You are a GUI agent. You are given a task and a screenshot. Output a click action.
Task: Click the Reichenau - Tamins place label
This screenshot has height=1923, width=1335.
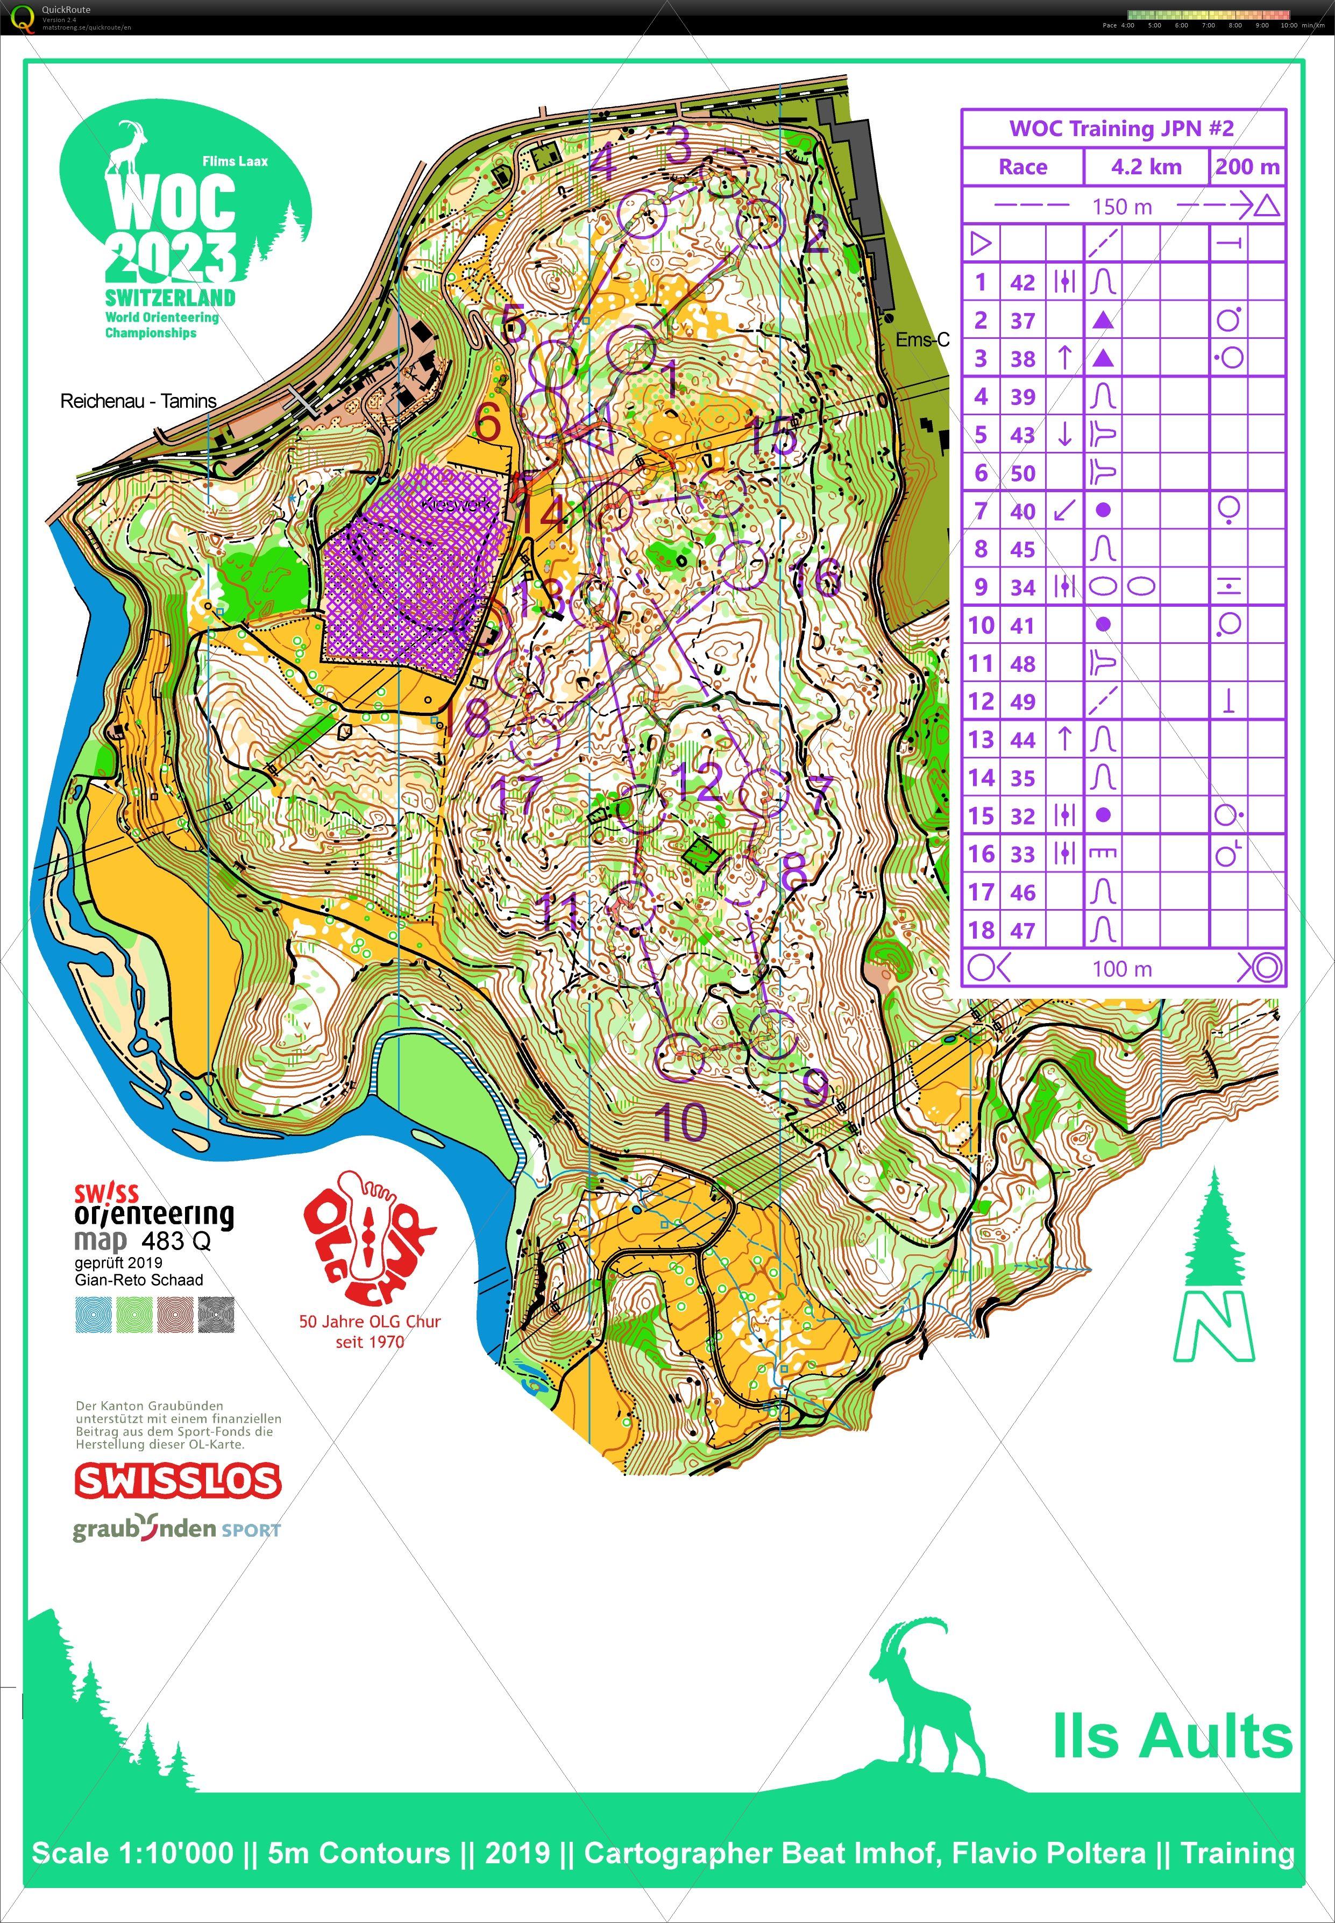click(x=138, y=401)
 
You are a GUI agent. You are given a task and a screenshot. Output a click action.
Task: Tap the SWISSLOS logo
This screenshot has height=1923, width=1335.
click(x=177, y=1480)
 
